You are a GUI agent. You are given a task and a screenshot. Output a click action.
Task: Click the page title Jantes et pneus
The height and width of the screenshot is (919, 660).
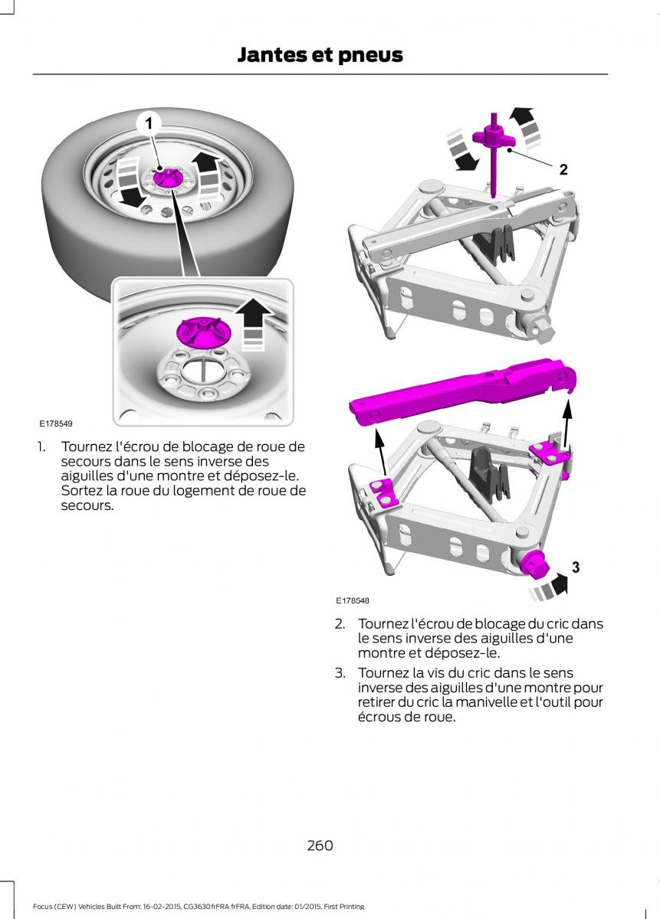320,54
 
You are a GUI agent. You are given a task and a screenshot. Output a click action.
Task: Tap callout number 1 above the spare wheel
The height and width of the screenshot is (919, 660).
149,123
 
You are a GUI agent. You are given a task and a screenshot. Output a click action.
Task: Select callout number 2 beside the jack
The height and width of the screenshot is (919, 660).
563,170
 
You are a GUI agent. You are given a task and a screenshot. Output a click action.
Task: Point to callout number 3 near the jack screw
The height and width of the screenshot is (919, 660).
575,567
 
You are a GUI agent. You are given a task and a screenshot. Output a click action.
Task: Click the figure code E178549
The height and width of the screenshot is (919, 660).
57,423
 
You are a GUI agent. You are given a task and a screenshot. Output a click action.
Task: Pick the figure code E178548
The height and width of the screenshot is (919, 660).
353,601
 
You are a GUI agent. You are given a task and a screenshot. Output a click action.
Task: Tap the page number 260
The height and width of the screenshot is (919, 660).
320,845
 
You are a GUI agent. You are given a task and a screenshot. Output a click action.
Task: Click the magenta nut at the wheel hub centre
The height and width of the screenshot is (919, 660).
164,178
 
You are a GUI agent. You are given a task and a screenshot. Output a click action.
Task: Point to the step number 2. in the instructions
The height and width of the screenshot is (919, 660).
340,624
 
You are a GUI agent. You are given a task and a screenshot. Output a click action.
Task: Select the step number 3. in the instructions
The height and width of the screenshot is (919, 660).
340,673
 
